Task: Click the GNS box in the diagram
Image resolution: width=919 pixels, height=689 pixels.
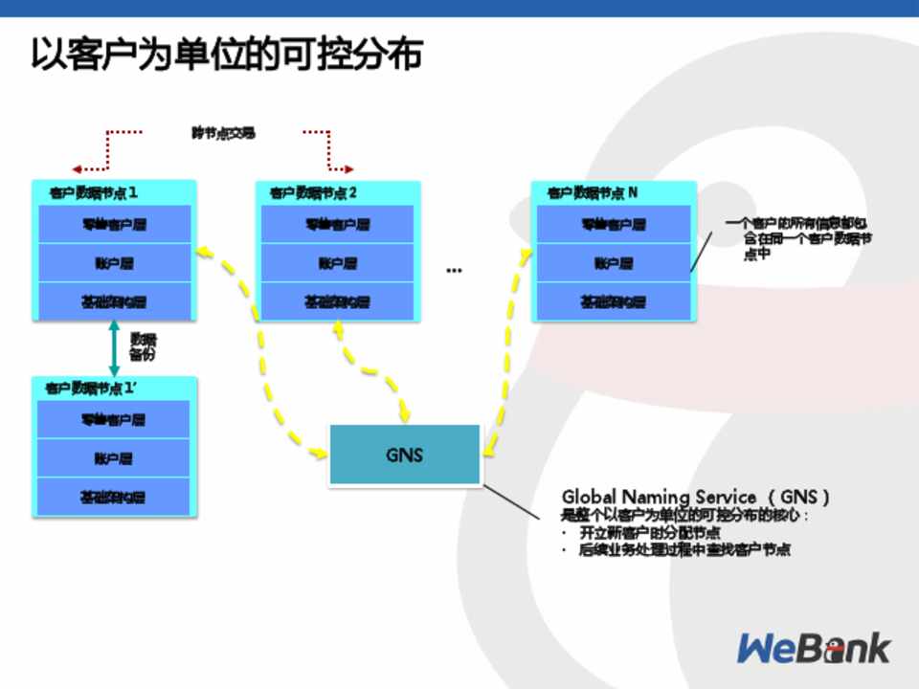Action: (x=404, y=455)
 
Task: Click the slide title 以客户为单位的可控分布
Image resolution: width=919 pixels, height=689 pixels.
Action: (x=226, y=55)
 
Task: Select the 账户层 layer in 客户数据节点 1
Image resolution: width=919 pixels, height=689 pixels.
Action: (x=114, y=263)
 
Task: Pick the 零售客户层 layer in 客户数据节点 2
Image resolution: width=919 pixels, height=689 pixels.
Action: (x=337, y=225)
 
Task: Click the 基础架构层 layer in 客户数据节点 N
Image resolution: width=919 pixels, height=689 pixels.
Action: (x=613, y=301)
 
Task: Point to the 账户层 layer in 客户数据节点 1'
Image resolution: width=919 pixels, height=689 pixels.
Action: (x=113, y=458)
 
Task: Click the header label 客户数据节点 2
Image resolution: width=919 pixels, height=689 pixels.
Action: (x=313, y=192)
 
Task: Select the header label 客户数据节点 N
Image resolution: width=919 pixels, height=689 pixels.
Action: (x=593, y=192)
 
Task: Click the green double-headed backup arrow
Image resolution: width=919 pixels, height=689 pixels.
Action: (x=114, y=348)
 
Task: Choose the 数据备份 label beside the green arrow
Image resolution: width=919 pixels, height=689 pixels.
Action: (x=143, y=346)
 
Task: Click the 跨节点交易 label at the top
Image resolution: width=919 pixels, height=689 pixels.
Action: (x=223, y=133)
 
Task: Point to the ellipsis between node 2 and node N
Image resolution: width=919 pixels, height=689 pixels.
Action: (x=454, y=270)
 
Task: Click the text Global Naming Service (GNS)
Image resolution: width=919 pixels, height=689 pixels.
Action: (x=695, y=497)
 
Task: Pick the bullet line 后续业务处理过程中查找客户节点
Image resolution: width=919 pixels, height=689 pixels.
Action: (x=684, y=550)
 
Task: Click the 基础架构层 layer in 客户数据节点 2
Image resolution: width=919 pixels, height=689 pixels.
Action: (x=337, y=301)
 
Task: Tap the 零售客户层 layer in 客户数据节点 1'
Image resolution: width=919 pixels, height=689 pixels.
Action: (x=113, y=420)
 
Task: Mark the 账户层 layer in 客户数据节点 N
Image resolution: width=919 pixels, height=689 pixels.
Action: (x=613, y=263)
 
